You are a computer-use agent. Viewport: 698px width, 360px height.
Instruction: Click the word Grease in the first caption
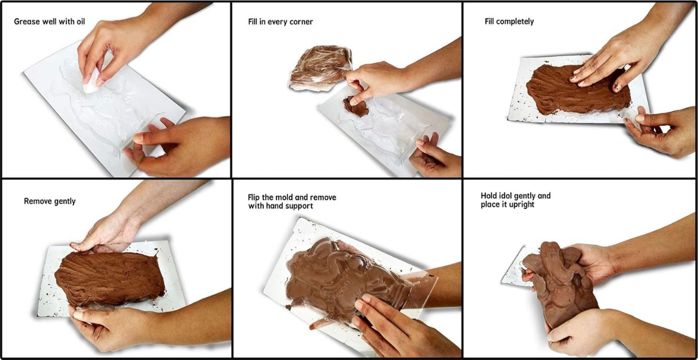tap(27, 22)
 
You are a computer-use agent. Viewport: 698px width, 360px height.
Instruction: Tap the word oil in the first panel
tap(81, 21)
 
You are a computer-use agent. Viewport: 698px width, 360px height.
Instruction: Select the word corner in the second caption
tap(301, 22)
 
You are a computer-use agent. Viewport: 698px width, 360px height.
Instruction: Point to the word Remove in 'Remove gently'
tap(36, 201)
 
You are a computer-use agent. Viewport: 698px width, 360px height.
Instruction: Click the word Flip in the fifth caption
tap(254, 197)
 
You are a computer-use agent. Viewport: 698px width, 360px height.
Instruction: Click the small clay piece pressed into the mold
tap(356, 106)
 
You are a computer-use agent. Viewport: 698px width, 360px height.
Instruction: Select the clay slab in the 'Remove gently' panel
tap(110, 278)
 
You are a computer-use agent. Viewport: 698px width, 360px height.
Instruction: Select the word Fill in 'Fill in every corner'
tap(254, 22)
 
